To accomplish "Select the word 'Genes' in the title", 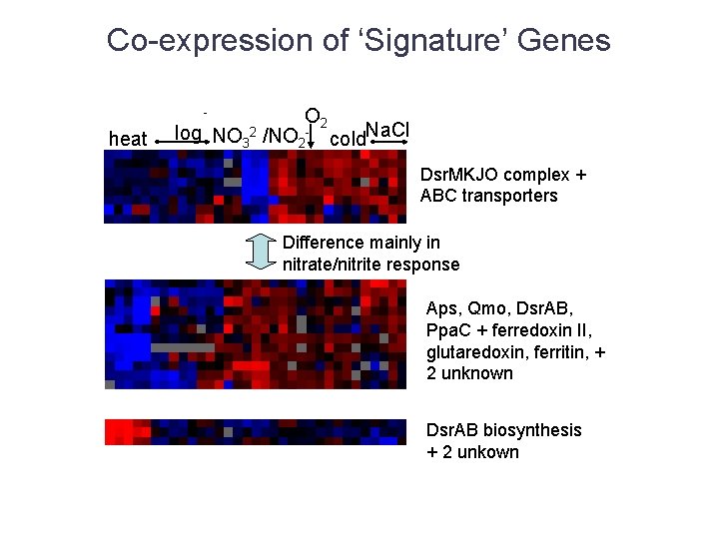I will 566,41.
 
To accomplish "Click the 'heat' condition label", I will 127,139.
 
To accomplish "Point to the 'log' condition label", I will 188,133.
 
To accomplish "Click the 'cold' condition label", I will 347,139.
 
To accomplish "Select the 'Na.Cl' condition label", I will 387,129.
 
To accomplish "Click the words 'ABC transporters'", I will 488,196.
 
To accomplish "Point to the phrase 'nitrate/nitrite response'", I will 370,265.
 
